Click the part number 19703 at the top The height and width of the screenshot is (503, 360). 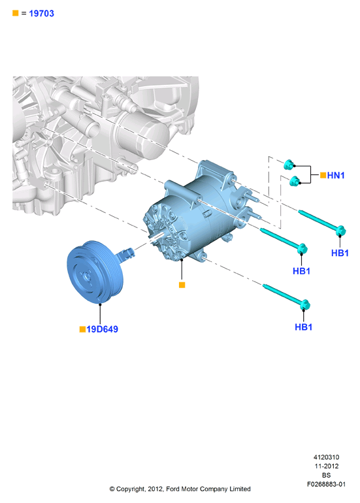(41, 14)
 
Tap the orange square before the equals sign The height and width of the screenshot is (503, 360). (16, 13)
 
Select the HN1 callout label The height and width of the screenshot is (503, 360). (336, 175)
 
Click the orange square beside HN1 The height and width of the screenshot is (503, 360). (323, 175)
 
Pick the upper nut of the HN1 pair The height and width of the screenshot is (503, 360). (289, 165)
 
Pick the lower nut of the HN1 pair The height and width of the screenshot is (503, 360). (294, 181)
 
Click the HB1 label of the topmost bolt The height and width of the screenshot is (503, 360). (340, 253)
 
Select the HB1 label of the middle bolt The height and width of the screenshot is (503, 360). (301, 271)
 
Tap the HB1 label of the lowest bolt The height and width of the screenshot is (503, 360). (304, 327)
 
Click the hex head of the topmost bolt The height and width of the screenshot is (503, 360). (340, 231)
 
